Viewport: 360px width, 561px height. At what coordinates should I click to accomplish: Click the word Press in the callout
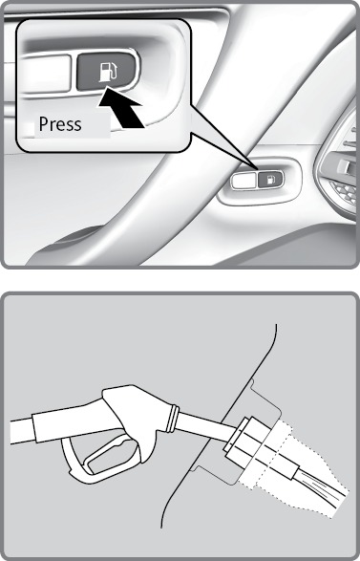pos(60,124)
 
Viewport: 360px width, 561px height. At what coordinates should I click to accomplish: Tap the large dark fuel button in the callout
pos(106,71)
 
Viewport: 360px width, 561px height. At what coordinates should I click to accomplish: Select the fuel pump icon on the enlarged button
pos(108,72)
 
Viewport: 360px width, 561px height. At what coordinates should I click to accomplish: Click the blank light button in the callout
pos(47,73)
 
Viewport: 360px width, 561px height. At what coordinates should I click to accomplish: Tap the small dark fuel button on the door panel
pos(270,180)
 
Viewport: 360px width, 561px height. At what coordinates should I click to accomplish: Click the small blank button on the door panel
pos(244,181)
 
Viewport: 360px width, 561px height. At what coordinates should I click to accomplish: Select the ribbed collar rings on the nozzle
pos(173,418)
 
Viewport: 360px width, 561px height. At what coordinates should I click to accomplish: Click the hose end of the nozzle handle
pos(21,431)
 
